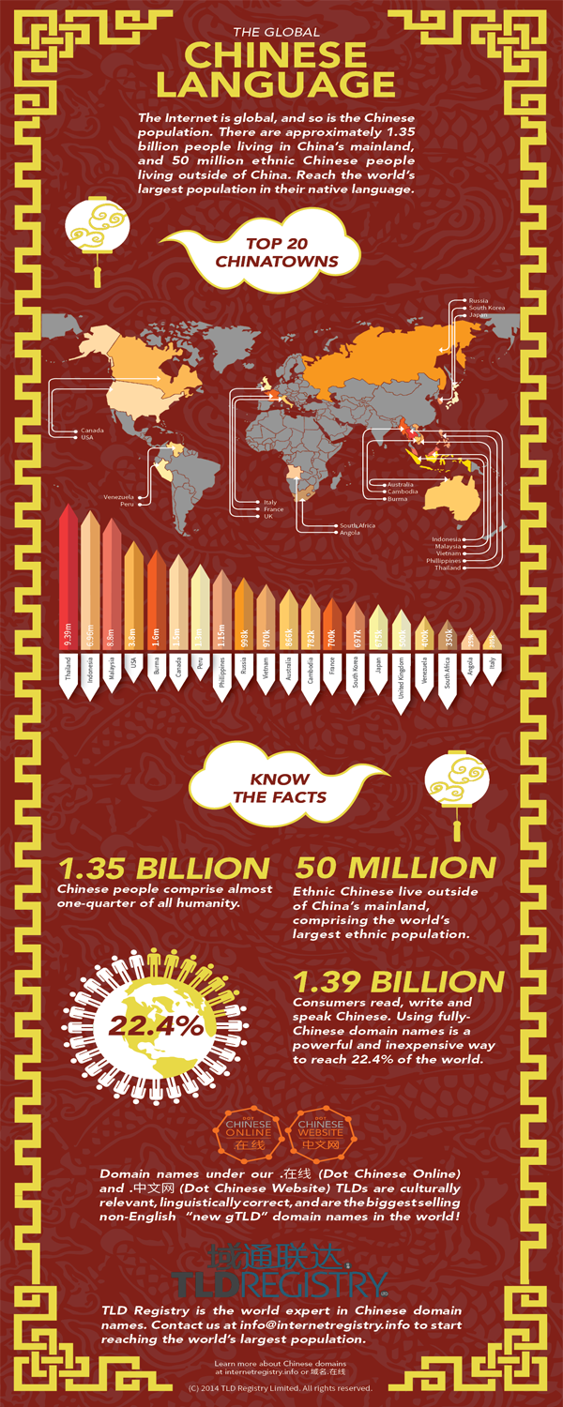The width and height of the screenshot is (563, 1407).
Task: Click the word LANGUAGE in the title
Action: click(x=275, y=84)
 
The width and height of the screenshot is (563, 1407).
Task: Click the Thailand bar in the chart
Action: click(x=68, y=610)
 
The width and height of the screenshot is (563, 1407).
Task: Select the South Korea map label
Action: click(x=487, y=308)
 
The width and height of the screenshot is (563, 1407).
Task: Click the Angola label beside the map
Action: click(x=350, y=533)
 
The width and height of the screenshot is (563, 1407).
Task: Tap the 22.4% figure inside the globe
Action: click(x=159, y=1025)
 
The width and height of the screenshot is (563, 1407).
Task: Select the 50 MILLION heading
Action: click(x=395, y=868)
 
